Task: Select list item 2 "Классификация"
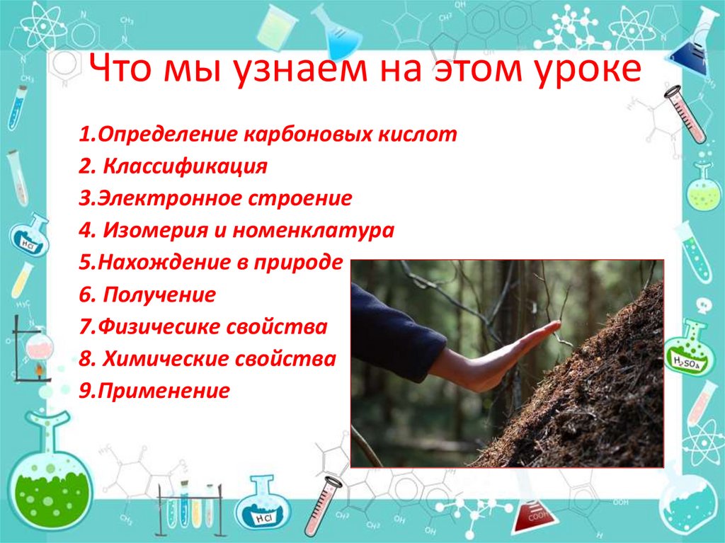pyautogui.click(x=185, y=167)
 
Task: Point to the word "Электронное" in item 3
pyautogui.click(x=169, y=199)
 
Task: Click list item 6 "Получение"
pyautogui.click(x=159, y=295)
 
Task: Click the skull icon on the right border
pyautogui.click(x=702, y=306)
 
